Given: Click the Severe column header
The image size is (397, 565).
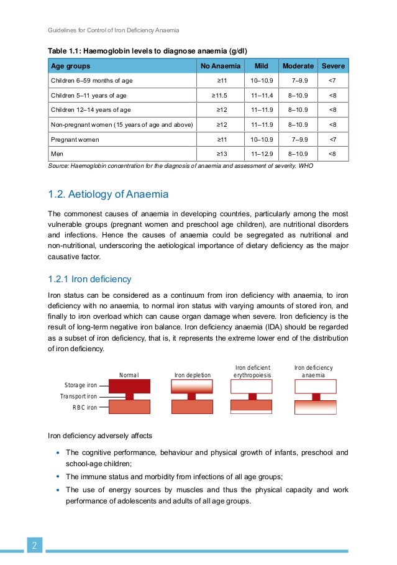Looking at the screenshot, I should click(333, 66).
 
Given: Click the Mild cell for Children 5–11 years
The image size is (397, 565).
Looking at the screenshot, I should click(262, 95).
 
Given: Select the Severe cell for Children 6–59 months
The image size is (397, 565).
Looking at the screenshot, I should click(333, 81).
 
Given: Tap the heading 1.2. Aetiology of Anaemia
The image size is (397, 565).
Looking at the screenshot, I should click(107, 195).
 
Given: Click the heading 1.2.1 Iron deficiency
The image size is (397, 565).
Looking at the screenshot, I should click(89, 279).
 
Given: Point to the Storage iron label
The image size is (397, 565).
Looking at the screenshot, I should click(81, 385).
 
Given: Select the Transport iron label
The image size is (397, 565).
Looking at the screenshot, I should click(78, 397).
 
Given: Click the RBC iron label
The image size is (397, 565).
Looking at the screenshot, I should click(84, 408).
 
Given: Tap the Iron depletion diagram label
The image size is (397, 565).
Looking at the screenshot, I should click(193, 375).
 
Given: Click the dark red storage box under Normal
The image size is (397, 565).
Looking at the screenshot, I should click(129, 385).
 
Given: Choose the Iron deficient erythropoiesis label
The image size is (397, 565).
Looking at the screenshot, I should click(252, 371).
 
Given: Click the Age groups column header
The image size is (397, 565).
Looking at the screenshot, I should click(70, 66).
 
